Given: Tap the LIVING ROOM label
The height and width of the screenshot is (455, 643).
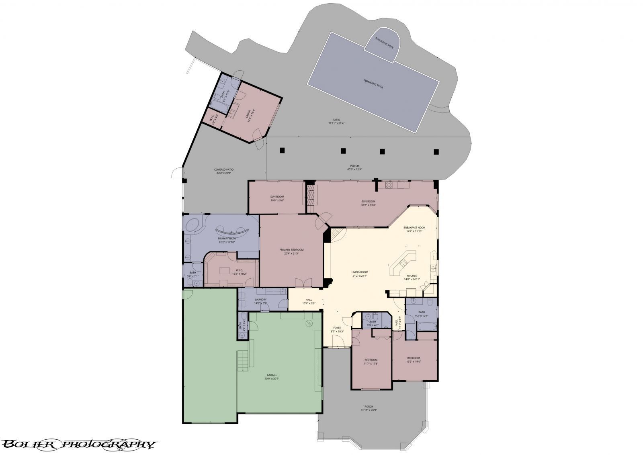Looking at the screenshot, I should point(360,272).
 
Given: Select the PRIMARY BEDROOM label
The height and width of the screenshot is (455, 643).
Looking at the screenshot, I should point(291,250).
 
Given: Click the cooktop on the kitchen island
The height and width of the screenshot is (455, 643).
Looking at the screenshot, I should point(403,263).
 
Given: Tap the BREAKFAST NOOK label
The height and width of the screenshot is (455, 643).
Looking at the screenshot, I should point(414,228).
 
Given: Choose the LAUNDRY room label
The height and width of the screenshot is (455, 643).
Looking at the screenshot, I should point(261,300).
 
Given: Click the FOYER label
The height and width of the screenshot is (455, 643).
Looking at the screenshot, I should point(337,328).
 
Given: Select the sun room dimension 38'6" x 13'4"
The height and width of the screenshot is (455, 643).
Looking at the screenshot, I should point(368,205).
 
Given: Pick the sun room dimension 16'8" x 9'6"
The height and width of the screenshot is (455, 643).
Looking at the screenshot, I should point(277,200).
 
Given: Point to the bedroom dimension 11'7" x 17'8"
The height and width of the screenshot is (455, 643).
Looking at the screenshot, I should point(371,363).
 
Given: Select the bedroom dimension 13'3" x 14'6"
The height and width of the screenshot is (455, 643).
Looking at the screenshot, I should point(413,361).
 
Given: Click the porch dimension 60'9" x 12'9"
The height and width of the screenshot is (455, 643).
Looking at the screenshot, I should point(354,169).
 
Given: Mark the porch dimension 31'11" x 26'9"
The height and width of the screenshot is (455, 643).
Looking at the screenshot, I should point(369,410).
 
